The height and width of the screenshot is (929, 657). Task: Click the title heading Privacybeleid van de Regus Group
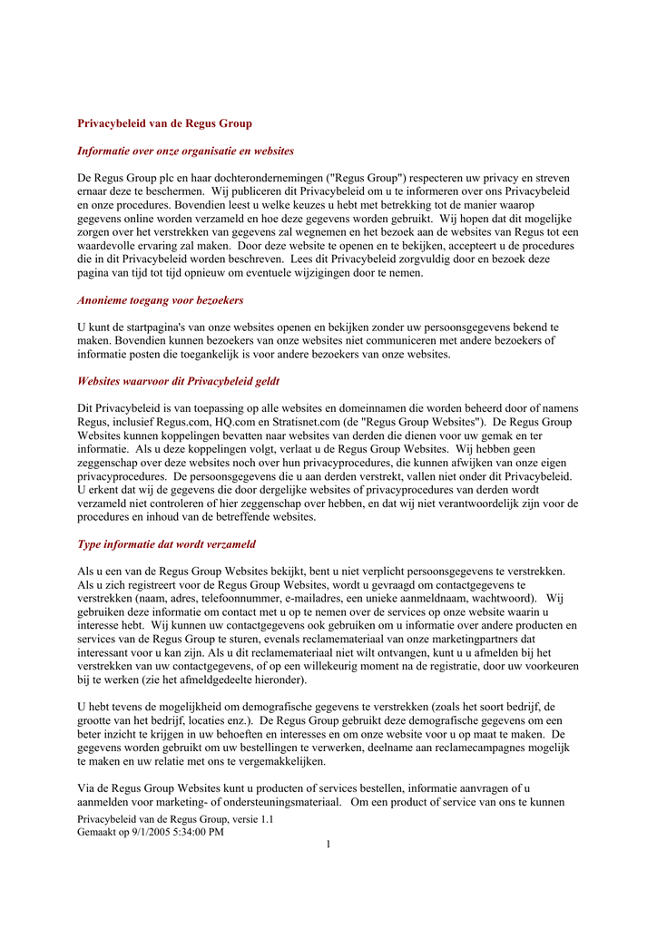[164, 123]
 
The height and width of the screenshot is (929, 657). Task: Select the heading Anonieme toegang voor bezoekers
[160, 300]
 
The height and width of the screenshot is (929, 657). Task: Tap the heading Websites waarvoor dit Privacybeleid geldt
[179, 381]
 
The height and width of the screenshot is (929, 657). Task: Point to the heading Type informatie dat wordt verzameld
[166, 544]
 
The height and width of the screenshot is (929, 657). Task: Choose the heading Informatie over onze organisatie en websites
[185, 151]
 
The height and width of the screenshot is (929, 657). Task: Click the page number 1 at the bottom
[328, 846]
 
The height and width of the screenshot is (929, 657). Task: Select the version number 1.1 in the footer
[267, 819]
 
